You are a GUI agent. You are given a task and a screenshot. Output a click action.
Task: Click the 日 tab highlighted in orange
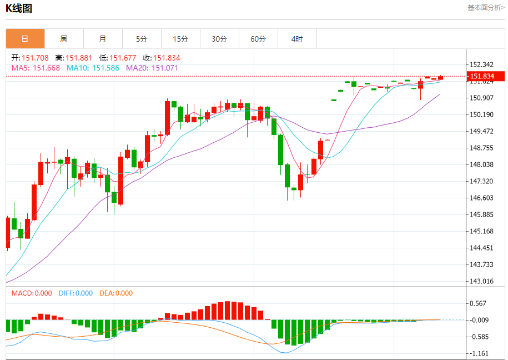(25, 39)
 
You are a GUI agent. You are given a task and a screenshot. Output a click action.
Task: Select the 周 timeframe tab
(64, 39)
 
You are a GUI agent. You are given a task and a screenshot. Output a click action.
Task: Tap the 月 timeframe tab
(103, 39)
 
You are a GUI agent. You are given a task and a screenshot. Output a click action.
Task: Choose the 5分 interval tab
(142, 39)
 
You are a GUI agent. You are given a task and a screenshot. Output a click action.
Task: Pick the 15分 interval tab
(180, 39)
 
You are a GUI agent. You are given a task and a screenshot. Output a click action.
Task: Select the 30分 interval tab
(219, 39)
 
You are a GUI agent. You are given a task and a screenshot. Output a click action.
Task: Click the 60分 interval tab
(258, 39)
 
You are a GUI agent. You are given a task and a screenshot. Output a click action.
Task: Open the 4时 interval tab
(297, 39)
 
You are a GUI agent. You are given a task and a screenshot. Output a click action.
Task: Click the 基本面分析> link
(486, 8)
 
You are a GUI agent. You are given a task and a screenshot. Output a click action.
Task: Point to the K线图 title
(19, 8)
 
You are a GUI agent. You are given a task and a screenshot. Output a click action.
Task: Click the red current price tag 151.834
(485, 76)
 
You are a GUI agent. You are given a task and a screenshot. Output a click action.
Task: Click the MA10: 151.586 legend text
(93, 68)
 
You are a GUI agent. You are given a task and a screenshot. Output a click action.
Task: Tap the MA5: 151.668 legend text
(36, 68)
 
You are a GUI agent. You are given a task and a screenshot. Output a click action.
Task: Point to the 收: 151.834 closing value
(162, 58)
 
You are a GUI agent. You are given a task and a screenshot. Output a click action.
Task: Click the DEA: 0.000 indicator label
(116, 293)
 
